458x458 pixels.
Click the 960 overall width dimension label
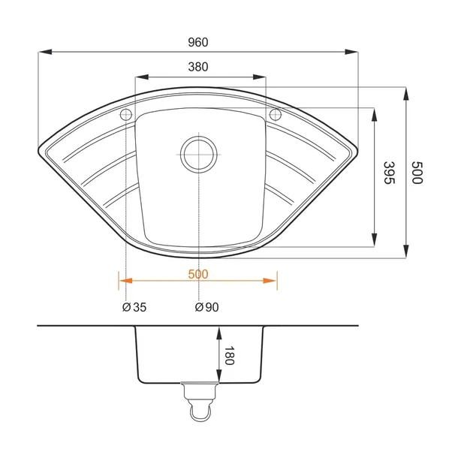[198, 42]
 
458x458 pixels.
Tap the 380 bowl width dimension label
[198, 67]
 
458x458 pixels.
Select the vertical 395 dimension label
[389, 173]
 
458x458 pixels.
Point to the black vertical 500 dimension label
[417, 173]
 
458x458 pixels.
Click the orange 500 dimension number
[198, 274]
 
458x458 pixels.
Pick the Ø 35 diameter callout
[134, 307]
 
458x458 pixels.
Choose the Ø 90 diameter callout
[206, 307]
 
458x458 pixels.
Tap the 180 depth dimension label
[229, 355]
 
